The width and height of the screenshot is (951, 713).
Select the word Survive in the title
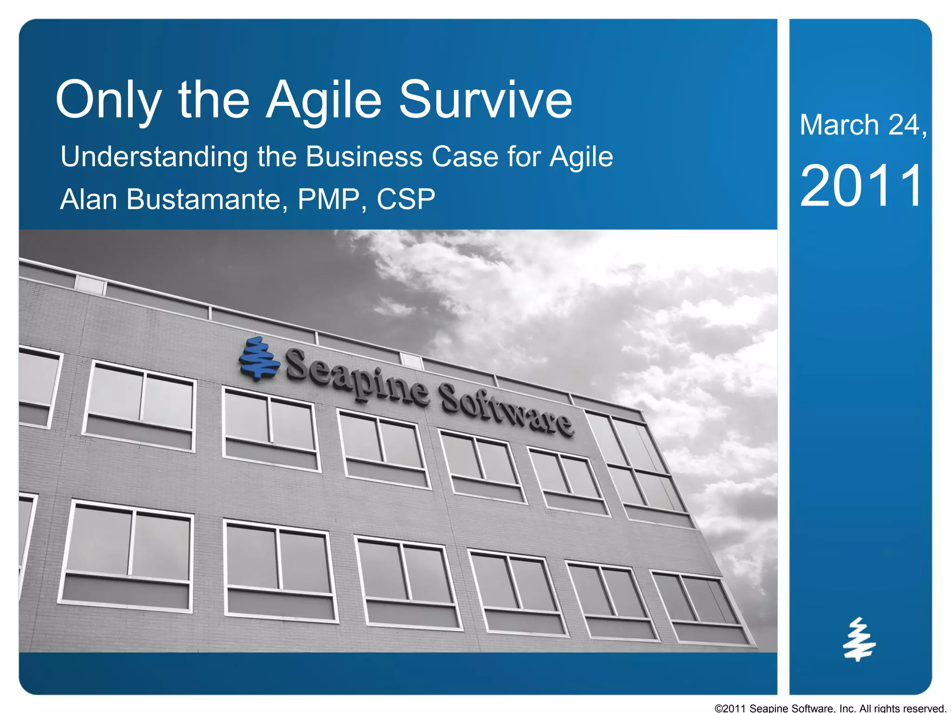point(485,100)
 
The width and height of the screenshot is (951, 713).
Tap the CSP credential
point(405,200)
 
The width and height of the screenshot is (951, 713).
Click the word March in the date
point(839,125)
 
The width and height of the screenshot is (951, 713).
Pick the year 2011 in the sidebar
point(861,186)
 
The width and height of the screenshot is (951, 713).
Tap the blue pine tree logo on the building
point(259,359)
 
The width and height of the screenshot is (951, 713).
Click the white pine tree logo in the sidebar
point(859,639)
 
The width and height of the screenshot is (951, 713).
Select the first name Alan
point(88,200)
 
